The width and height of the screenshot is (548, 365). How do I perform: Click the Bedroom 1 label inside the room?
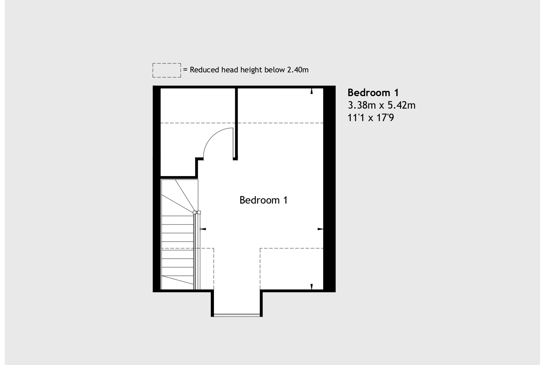pos(263,200)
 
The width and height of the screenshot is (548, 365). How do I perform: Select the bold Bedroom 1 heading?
pos(373,93)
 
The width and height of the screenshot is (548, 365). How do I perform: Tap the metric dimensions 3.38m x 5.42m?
pos(382,105)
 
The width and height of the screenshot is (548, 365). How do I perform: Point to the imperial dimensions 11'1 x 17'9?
pos(371,118)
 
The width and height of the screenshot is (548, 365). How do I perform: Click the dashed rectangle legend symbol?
pos(167,70)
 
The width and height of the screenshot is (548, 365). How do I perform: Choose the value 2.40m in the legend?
pos(298,70)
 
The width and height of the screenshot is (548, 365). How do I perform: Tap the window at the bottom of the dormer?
pos(237,315)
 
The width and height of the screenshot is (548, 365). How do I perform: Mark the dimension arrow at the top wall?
pos(312,91)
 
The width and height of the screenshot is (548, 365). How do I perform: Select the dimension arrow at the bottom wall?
pos(312,287)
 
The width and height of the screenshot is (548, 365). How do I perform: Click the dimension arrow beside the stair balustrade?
pos(203,229)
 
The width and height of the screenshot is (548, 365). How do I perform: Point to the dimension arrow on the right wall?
pos(320,229)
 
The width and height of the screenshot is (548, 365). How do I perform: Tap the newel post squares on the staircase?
pos(197,212)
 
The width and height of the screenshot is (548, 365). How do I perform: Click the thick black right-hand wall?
pos(329,189)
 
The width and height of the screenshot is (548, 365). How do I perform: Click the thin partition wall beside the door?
pos(236,124)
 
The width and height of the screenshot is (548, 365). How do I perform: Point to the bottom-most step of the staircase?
pos(177,283)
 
